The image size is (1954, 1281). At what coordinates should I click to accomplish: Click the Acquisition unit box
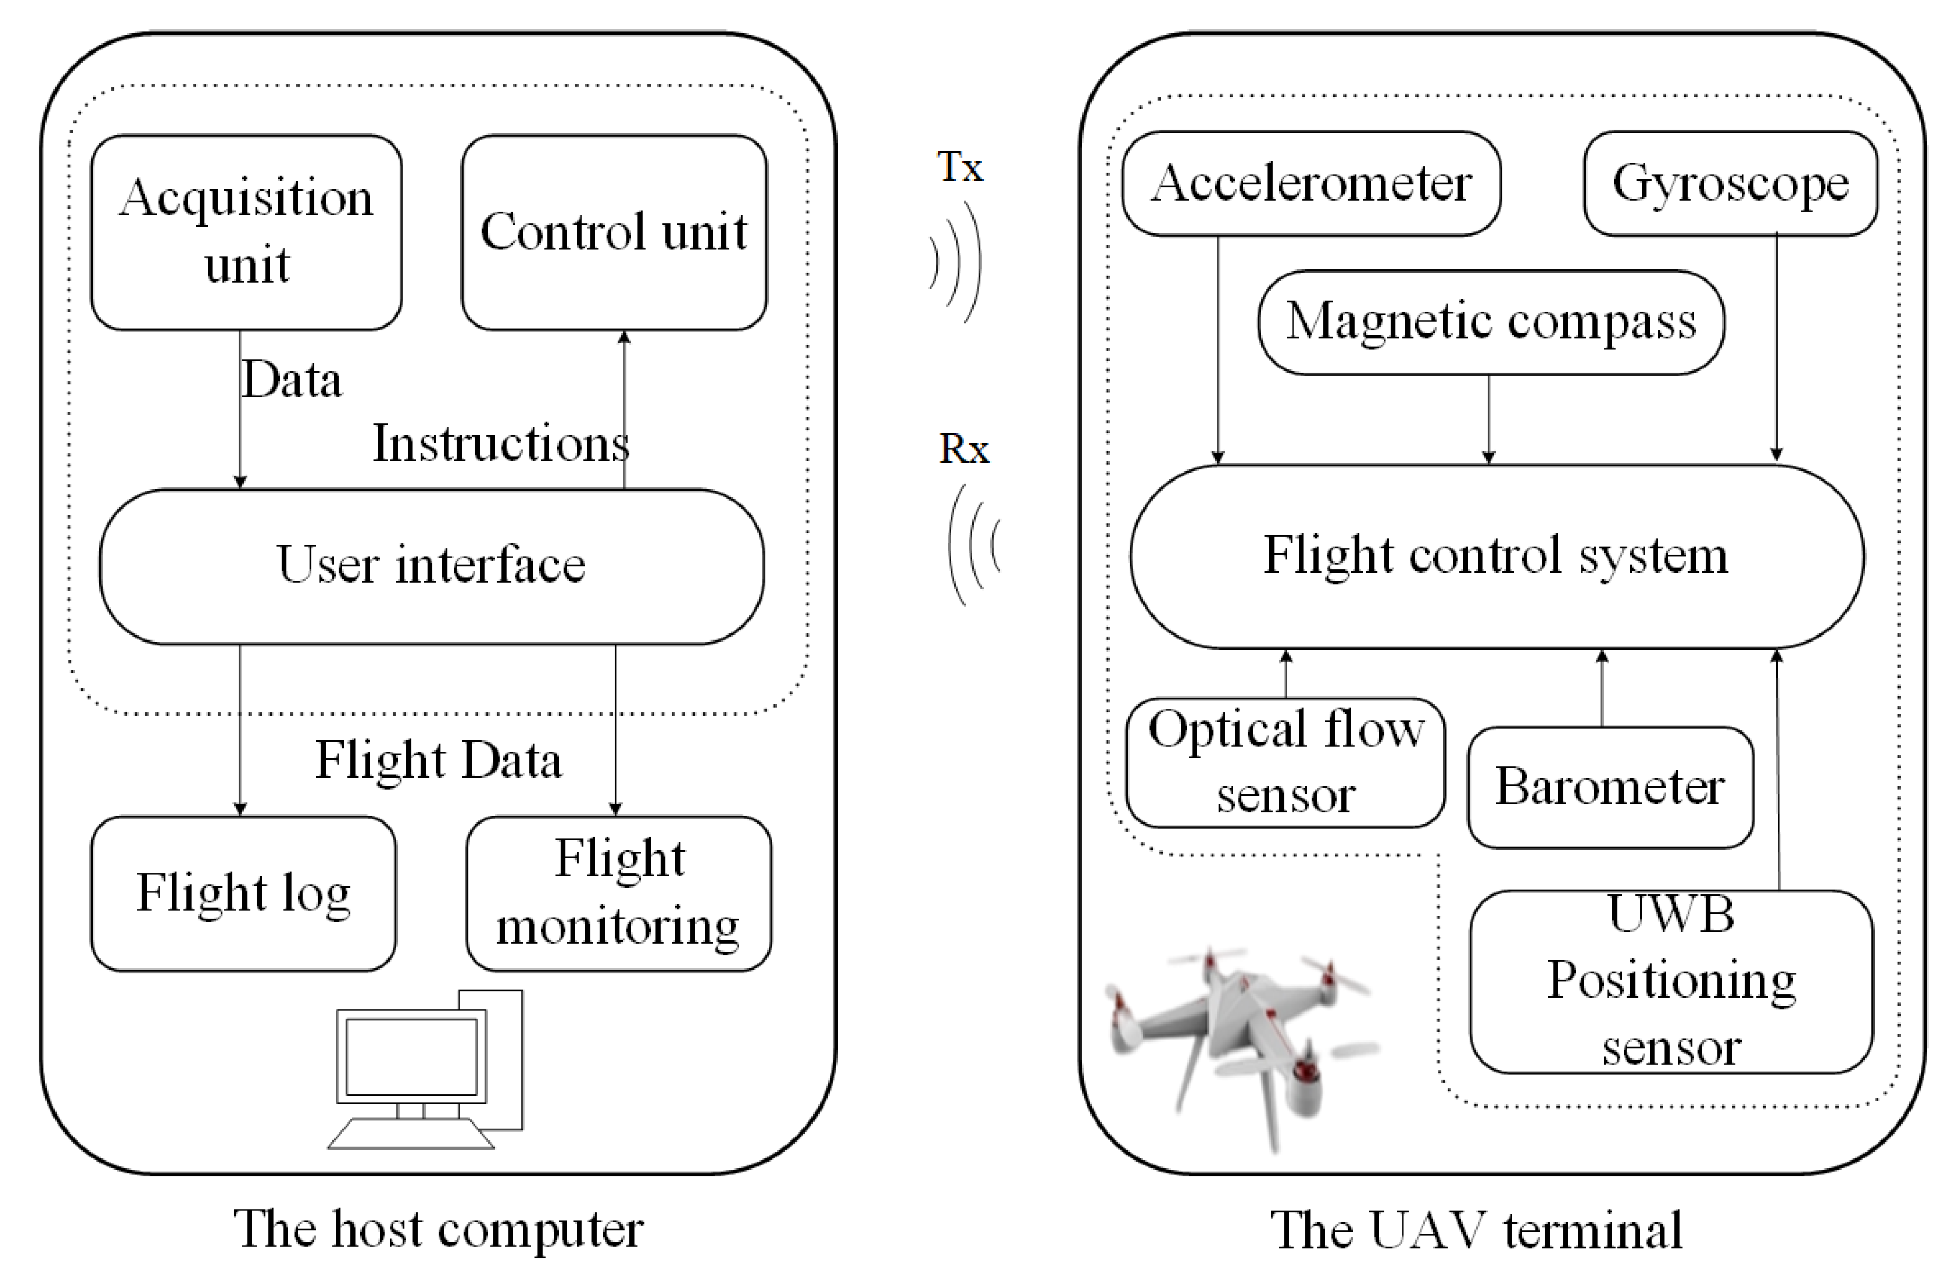pos(246,232)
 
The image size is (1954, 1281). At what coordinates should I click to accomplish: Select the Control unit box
pos(614,232)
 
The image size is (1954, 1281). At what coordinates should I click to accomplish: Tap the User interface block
pos(432,565)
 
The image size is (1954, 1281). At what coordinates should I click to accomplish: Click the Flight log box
pos(243,893)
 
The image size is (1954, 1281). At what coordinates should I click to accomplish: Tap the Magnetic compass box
pos(1491,321)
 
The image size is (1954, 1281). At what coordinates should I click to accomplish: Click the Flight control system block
pos(1496,556)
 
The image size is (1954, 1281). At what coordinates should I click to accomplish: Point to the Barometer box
pos(1610,787)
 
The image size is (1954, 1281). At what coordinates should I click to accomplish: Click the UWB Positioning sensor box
pos(1671,981)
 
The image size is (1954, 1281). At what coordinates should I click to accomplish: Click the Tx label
pos(959,167)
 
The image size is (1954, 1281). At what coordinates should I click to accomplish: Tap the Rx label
pos(964,449)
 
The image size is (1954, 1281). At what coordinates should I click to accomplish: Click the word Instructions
pos(500,444)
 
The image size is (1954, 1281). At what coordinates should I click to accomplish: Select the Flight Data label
pos(438,760)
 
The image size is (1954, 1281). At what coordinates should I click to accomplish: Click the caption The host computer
pos(438,1228)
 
